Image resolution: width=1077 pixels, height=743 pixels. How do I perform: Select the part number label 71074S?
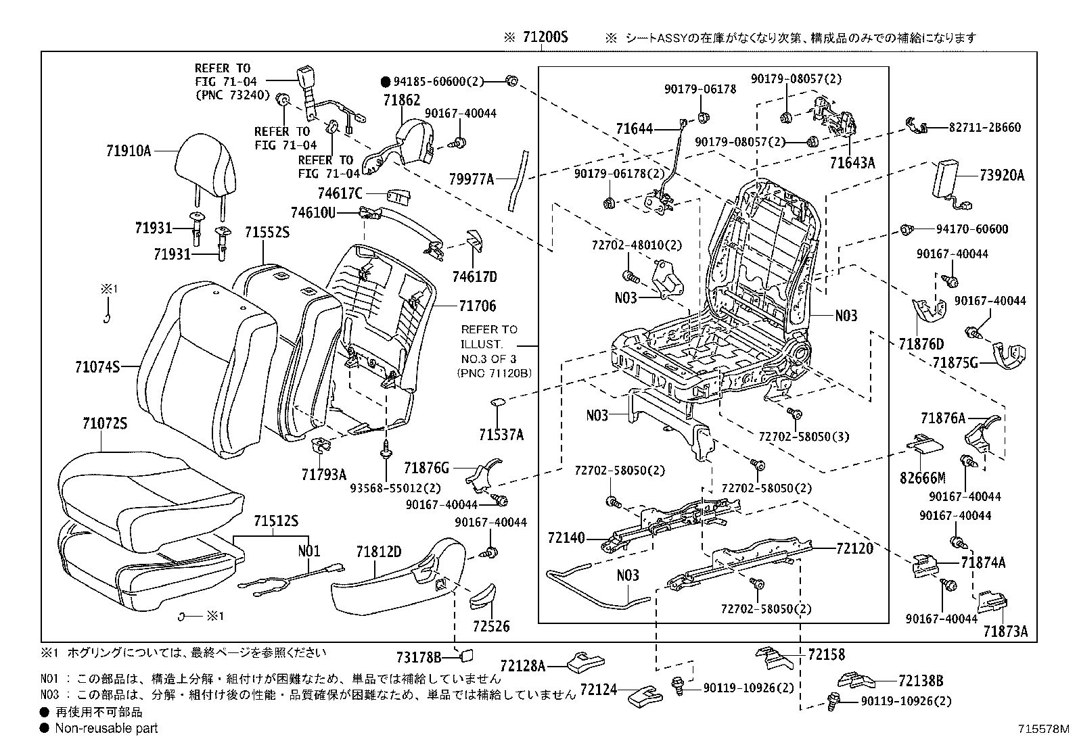tap(97, 367)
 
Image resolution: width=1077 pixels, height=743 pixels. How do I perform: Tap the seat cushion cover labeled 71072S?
tap(149, 500)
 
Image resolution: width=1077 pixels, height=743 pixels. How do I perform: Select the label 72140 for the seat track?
tap(566, 539)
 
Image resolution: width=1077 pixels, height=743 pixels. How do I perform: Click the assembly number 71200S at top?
tap(545, 38)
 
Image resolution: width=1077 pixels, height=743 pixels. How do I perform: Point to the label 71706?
tap(478, 306)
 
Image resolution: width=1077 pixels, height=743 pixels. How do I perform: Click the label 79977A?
tap(472, 179)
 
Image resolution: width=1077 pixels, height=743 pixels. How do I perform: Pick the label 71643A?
tap(852, 163)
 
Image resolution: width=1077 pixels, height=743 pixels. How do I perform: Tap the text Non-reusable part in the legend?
tap(106, 728)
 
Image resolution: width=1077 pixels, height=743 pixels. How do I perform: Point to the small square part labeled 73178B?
tap(466, 654)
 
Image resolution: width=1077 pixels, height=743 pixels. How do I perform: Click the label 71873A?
tap(1005, 631)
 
